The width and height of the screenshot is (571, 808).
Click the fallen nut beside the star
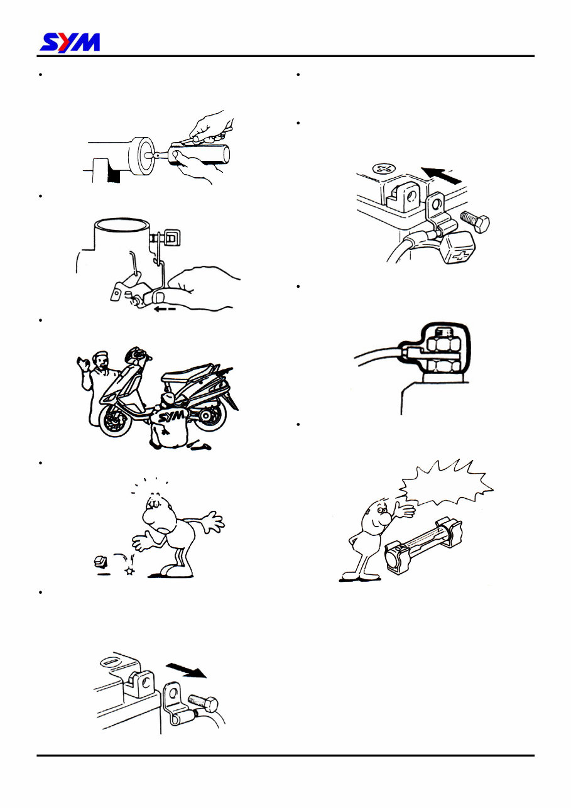coord(99,561)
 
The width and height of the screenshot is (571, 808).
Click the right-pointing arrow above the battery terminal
coord(186,670)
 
